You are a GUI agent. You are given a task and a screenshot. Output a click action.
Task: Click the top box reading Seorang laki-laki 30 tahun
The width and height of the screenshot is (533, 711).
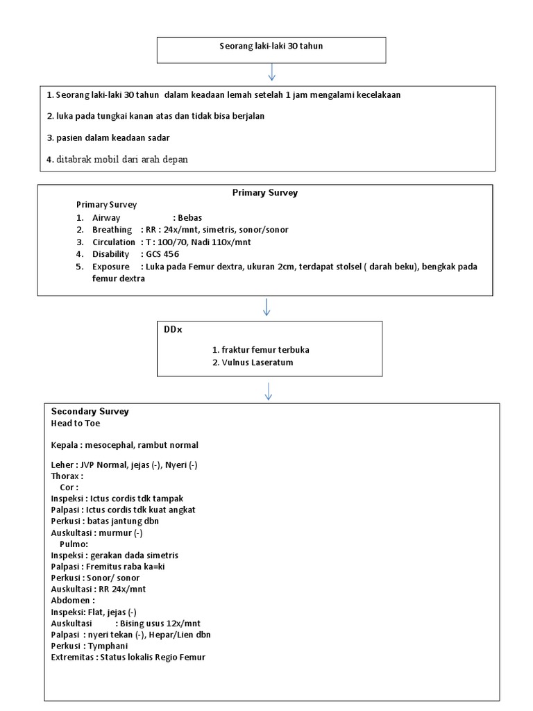pos(271,47)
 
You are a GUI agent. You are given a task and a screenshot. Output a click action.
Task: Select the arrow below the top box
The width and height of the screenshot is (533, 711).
pos(271,72)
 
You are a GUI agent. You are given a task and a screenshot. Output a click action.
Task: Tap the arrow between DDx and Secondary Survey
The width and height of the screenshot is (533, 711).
pos(268,390)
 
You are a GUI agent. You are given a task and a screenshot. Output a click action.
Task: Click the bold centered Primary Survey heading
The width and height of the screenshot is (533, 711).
pos(264,193)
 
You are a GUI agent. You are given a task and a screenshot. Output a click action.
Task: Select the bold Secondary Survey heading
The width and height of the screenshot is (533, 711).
pos(90,411)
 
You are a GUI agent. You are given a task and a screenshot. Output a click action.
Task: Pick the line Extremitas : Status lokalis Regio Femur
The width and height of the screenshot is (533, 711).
pos(128,657)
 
